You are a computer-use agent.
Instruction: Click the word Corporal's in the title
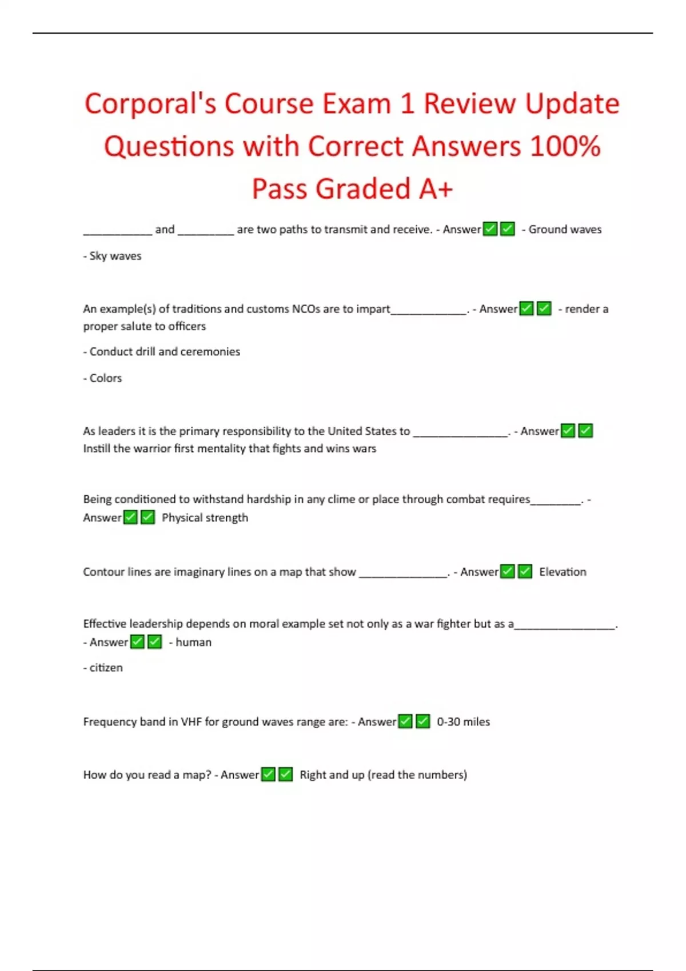(150, 104)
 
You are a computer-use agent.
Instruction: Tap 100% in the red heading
(565, 146)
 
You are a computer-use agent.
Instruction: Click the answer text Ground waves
(565, 230)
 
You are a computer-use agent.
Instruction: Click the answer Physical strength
(205, 518)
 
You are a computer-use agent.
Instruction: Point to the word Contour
(103, 572)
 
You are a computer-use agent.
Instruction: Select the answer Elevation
(563, 572)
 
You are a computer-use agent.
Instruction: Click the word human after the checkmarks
(193, 643)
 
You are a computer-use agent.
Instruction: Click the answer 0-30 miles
(463, 722)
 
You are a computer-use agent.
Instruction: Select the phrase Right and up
(332, 775)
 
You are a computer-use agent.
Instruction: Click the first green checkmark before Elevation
(507, 572)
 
